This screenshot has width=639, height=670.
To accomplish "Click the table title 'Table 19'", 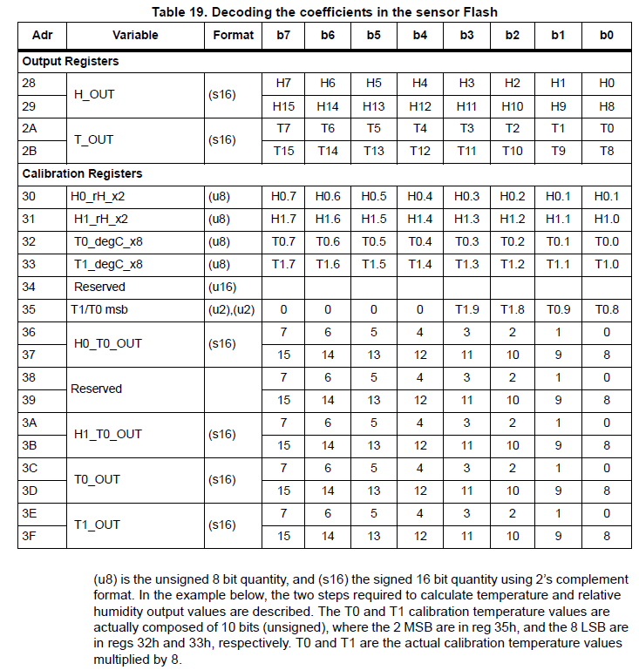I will click(319, 11).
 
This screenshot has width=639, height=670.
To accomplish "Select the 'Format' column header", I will click(233, 35).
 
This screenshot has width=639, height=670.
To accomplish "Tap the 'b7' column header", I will click(282, 35).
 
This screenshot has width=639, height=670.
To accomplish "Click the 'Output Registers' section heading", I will click(71, 62).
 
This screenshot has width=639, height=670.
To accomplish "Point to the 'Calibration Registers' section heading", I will click(82, 173).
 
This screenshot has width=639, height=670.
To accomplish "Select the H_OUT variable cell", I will click(94, 94).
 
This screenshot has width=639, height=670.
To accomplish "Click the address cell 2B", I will click(30, 151).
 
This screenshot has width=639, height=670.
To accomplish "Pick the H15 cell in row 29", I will click(282, 105).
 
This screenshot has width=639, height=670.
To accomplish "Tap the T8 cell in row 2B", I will click(607, 151).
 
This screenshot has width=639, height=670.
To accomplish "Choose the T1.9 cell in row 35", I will click(466, 309).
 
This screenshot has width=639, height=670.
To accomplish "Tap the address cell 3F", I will click(29, 536).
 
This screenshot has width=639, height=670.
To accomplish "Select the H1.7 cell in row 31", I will click(282, 220).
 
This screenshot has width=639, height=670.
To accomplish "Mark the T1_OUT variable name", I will click(98, 524).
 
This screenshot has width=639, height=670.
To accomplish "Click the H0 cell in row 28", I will click(607, 83).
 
